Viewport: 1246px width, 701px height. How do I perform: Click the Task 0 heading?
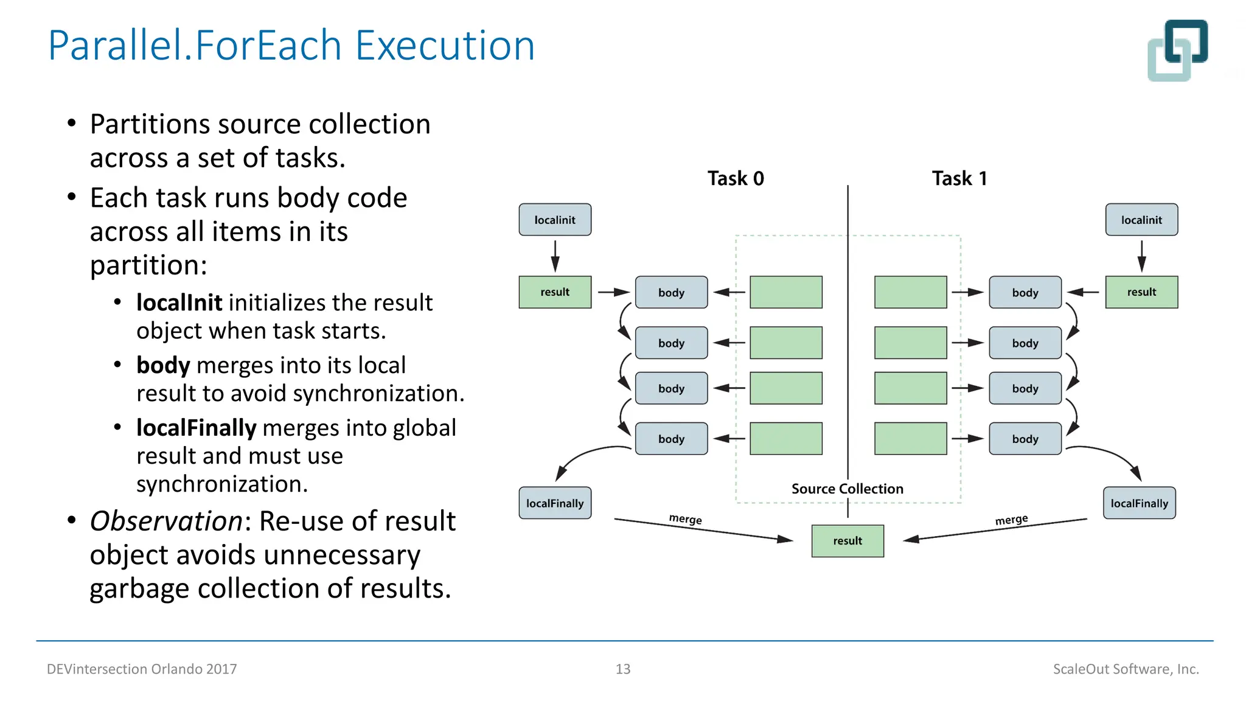pyautogui.click(x=735, y=178)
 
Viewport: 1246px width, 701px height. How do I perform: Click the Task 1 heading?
pyautogui.click(x=959, y=178)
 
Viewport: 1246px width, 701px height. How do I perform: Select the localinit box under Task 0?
pyautogui.click(x=554, y=220)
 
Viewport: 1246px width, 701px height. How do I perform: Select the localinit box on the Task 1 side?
pyautogui.click(x=1141, y=220)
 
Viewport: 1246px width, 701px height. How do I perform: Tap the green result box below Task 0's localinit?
pyautogui.click(x=554, y=292)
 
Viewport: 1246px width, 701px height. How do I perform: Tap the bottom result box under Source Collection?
pyautogui.click(x=847, y=541)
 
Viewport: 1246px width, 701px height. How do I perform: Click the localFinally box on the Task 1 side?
pyautogui.click(x=1139, y=503)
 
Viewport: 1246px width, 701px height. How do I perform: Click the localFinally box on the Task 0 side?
pyautogui.click(x=554, y=503)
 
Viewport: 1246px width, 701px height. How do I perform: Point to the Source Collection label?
pyautogui.click(x=847, y=489)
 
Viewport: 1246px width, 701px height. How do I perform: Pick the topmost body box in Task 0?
pyautogui.click(x=671, y=293)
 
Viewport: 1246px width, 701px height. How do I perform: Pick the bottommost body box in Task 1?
pyautogui.click(x=1025, y=439)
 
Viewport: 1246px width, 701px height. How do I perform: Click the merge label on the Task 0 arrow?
pyautogui.click(x=685, y=519)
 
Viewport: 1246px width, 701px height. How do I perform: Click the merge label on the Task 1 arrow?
pyautogui.click(x=1011, y=520)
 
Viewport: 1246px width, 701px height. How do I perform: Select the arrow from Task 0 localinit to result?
pyautogui.click(x=555, y=256)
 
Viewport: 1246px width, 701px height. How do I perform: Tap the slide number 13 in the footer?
pyautogui.click(x=622, y=669)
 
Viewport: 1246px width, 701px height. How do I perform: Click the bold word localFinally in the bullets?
pyautogui.click(x=196, y=428)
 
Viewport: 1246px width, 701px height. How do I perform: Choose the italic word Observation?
pyautogui.click(x=166, y=521)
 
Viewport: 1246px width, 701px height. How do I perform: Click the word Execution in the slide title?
pyautogui.click(x=444, y=46)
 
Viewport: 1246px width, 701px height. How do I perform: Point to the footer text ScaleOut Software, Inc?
pyautogui.click(x=1126, y=669)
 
